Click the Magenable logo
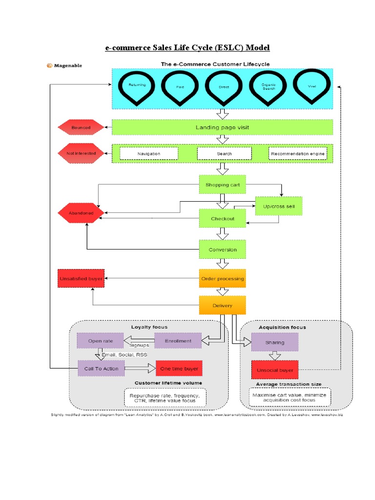point(64,65)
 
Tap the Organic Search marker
point(268,87)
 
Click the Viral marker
point(312,86)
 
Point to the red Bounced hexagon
point(81,127)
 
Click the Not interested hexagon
point(81,153)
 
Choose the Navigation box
point(148,153)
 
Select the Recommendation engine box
point(297,153)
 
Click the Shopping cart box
point(222,185)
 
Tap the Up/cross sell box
point(278,206)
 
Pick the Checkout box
point(222,218)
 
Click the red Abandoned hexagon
point(81,213)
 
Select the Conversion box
point(222,250)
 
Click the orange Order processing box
point(222,278)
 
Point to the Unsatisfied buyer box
point(81,278)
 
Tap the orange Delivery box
point(222,306)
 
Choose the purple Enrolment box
point(178,341)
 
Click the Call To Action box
point(101,368)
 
